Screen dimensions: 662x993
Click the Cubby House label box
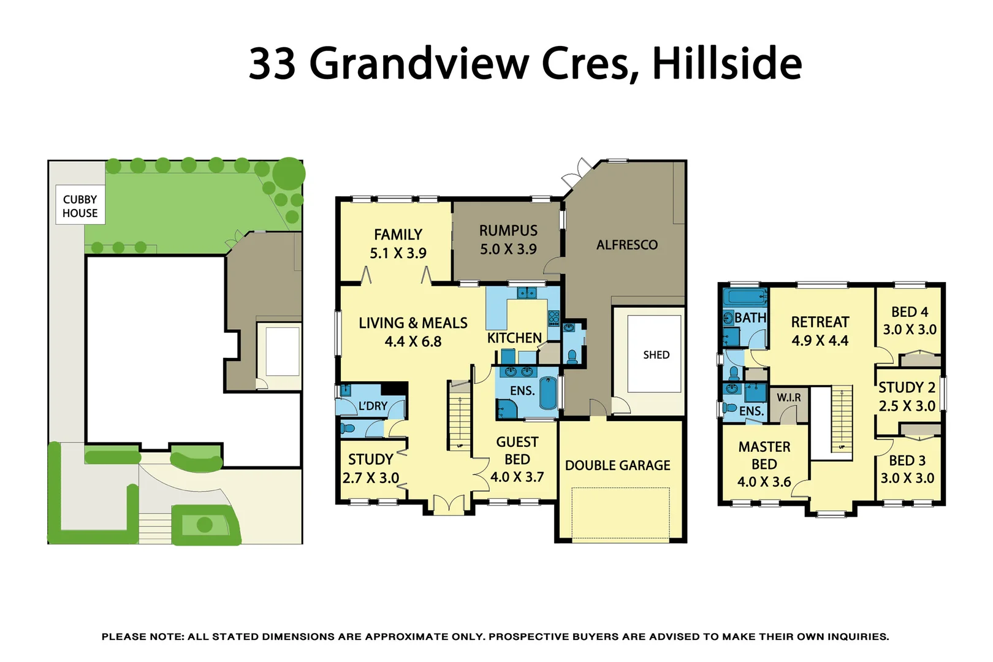[80, 206]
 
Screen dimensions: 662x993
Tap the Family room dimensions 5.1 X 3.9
[398, 253]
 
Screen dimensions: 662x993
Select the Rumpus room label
[508, 231]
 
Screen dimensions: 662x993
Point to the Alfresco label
[626, 245]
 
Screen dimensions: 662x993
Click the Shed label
[656, 355]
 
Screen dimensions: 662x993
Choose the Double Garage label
[617, 466]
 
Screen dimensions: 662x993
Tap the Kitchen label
[514, 338]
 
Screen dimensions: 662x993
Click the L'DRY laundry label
[373, 406]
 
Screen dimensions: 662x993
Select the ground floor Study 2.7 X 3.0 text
[370, 469]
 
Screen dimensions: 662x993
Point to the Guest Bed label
[517, 451]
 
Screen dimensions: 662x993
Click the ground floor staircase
[459, 417]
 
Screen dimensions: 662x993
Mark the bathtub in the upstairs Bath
[745, 298]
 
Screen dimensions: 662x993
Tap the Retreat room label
[820, 322]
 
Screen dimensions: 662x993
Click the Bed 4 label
[909, 312]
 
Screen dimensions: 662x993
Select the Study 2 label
[907, 388]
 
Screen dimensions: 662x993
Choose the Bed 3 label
[907, 460]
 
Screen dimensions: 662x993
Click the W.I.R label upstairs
[788, 398]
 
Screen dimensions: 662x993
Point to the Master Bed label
[764, 455]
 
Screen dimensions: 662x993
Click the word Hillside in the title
[726, 63]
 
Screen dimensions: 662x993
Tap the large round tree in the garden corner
[289, 173]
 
